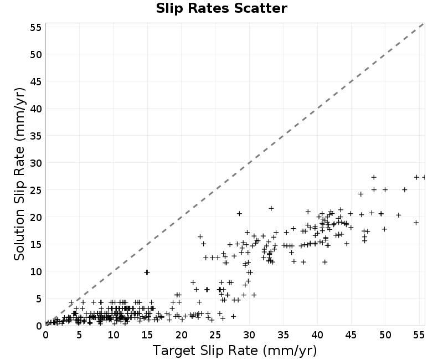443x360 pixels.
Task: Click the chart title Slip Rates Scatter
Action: coord(221,8)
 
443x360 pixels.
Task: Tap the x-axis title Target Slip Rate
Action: coord(205,351)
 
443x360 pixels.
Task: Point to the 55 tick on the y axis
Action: coord(36,27)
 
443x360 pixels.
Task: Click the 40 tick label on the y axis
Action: coord(36,109)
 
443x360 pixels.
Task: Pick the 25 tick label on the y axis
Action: coord(36,190)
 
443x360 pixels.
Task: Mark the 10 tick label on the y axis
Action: coord(36,271)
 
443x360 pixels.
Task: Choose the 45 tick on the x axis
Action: coord(351,335)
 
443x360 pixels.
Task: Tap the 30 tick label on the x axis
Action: coord(249,335)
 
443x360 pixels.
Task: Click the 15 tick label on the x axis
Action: coord(147,335)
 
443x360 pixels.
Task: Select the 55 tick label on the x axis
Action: coord(419,335)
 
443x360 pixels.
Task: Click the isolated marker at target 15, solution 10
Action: coord(147,272)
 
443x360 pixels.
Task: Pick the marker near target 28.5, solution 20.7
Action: coord(239,214)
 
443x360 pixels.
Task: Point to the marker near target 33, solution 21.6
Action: coord(271,209)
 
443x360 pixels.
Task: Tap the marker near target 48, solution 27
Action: coord(374,177)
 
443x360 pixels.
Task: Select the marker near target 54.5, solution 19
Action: coord(416,223)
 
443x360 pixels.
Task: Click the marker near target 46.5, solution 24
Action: coord(361,194)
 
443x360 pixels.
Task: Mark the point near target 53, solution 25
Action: coord(405,189)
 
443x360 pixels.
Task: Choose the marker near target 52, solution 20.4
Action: coord(399,215)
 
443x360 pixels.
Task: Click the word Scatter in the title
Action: coord(260,8)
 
